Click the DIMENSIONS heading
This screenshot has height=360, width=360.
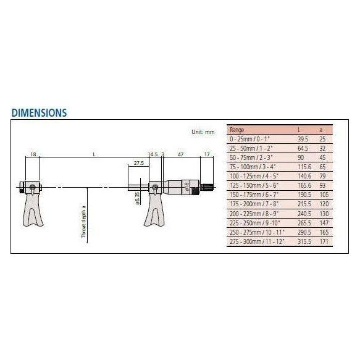coord(39,113)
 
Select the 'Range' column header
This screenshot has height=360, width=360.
coord(237,130)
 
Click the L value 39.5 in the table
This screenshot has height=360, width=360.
coord(301,140)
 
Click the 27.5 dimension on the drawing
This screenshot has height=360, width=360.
coord(138,163)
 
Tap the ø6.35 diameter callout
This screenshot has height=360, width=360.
coord(136,197)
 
